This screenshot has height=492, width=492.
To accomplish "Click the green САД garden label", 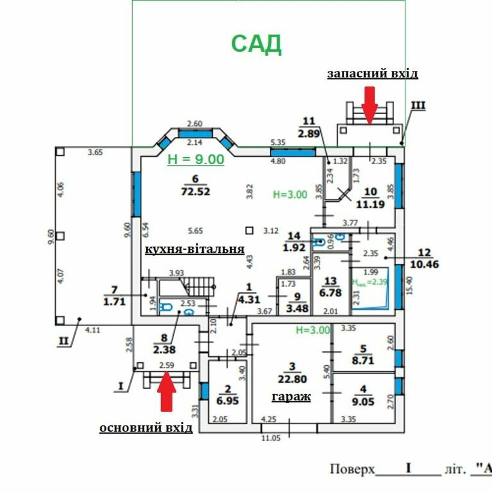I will (x=257, y=43).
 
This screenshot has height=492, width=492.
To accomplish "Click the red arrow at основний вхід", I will (x=166, y=391).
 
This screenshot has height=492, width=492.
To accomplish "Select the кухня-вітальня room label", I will (x=195, y=249).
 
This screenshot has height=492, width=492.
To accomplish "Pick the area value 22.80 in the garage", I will (x=293, y=378).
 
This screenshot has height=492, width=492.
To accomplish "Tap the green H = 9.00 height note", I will (x=195, y=159).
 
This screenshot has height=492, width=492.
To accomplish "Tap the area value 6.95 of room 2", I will (x=228, y=399).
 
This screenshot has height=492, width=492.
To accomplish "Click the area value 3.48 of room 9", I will (x=294, y=308).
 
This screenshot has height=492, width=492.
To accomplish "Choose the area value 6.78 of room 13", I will (x=330, y=293).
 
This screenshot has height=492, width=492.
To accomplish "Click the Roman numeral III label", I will (x=418, y=106).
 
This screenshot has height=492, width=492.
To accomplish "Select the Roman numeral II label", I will (x=64, y=341).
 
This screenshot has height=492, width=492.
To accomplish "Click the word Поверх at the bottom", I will (x=353, y=469).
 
